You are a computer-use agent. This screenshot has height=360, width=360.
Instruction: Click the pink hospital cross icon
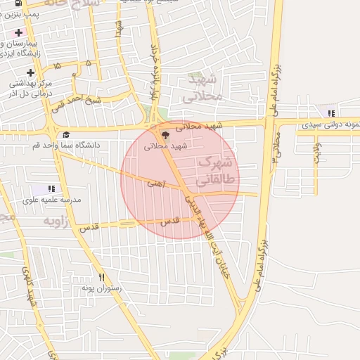18,32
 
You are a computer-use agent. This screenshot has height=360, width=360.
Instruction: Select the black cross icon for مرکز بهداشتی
30,72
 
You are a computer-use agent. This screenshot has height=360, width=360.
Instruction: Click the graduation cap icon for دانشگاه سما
66,135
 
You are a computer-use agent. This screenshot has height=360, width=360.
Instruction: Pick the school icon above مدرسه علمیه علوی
51,188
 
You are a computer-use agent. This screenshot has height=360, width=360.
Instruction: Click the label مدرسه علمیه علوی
52,200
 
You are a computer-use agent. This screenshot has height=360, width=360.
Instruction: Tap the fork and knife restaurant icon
102,277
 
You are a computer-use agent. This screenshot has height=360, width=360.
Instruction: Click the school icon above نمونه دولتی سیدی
330,112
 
